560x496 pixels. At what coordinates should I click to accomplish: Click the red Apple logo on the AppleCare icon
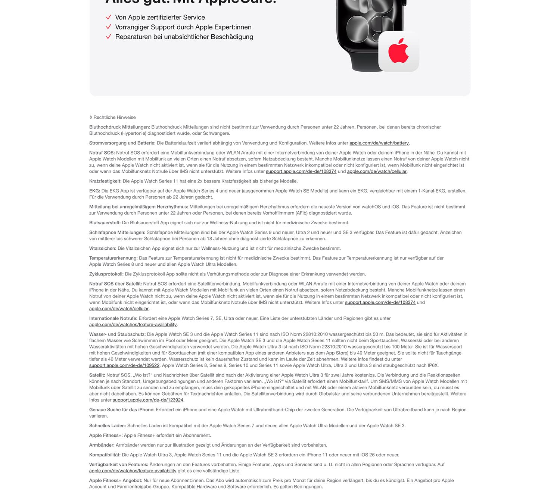[398, 51]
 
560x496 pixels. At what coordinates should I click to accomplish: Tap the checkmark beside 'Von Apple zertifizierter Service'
[109, 17]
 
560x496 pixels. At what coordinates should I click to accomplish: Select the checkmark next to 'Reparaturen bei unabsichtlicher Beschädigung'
[109, 37]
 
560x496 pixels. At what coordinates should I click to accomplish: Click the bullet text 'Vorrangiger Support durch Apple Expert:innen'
[183, 27]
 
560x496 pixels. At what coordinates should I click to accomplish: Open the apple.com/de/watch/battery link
[379, 143]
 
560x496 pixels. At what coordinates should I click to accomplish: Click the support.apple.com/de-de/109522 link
[124, 365]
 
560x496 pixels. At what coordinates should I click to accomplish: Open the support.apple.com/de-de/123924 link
[148, 400]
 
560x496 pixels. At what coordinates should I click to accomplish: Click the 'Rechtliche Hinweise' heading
[114, 117]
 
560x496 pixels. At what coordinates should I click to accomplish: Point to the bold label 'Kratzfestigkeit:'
[105, 181]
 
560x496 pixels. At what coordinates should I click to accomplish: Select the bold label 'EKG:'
[94, 191]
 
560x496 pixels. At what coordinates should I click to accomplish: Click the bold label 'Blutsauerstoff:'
[105, 223]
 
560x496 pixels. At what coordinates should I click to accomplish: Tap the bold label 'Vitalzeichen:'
[103, 248]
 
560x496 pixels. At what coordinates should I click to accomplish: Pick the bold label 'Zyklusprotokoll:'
[106, 274]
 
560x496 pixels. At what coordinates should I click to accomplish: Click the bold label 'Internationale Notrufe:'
[113, 318]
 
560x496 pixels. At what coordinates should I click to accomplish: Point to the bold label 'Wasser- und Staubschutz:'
[117, 334]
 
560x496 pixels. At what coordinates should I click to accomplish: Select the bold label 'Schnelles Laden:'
[108, 425]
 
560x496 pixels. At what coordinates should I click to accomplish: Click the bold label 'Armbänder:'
[102, 445]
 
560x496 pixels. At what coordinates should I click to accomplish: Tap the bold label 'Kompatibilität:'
[105, 455]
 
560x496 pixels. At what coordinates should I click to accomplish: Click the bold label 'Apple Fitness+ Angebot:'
[116, 480]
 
